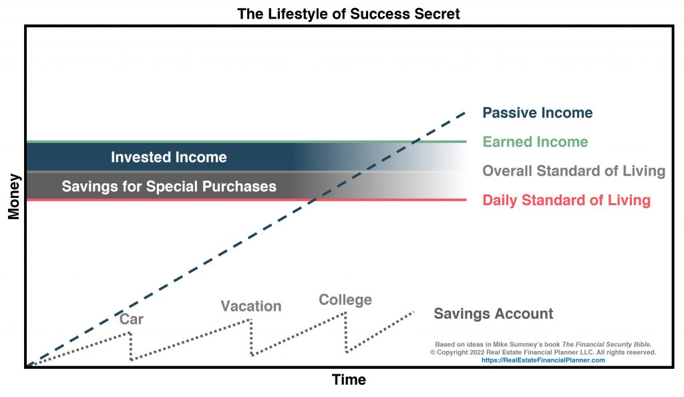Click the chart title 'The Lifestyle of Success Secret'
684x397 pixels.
point(348,14)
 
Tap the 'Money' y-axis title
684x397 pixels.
point(13,196)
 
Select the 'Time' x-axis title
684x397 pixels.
point(349,380)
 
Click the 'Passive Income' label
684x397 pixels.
point(538,113)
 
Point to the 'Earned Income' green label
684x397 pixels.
point(535,142)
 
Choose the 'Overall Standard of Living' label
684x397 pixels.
point(574,171)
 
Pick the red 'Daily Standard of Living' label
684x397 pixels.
point(566,201)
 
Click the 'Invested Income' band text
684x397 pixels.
point(169,157)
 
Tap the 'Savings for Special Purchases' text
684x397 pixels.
point(169,186)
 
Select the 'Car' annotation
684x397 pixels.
point(132,319)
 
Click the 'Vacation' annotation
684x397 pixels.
point(251,306)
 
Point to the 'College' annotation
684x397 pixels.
point(345,300)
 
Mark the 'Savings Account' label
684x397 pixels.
point(494,313)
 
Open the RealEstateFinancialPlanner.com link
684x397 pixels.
point(543,360)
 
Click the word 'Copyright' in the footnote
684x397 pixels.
point(452,352)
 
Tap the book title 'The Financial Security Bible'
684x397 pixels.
point(607,345)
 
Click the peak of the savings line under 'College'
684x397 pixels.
point(345,313)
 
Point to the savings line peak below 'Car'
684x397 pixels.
point(130,334)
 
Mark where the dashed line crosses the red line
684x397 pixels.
point(313,200)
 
